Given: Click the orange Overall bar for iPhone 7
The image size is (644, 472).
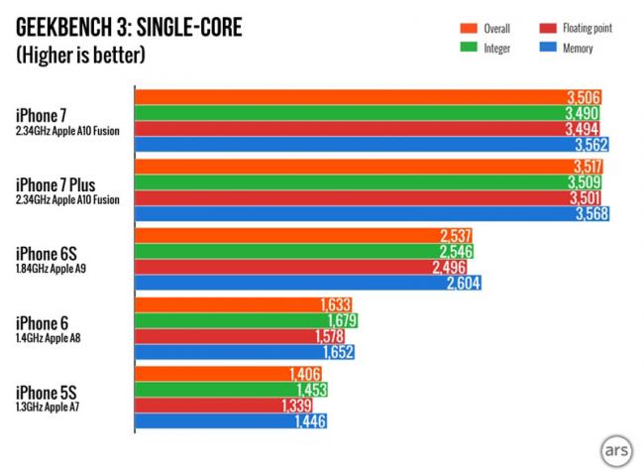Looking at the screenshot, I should [367, 97].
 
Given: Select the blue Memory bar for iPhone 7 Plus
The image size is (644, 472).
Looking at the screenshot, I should [372, 213].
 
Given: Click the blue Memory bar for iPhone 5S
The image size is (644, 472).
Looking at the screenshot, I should [230, 421].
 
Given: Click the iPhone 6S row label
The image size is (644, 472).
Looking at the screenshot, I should [45, 253].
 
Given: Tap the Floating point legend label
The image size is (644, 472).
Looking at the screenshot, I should [585, 29].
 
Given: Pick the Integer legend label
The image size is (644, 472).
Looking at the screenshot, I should [496, 47].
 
